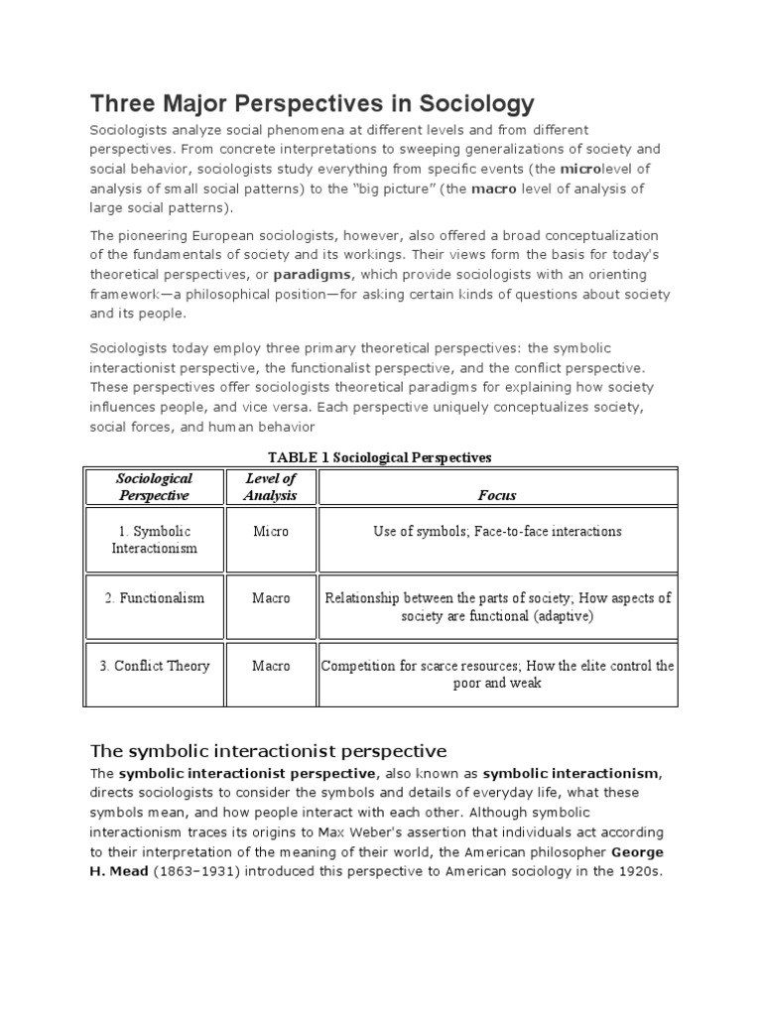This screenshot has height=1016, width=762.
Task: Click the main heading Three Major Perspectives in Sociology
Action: click(313, 103)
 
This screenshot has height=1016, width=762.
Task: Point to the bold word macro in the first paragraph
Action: click(493, 188)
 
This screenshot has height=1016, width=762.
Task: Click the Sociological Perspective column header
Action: click(154, 486)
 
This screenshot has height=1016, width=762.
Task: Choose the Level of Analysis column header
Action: click(271, 486)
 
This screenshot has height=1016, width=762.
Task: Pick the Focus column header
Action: click(497, 495)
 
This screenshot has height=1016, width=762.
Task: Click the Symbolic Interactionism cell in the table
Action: click(154, 540)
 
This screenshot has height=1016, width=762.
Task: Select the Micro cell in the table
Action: click(271, 532)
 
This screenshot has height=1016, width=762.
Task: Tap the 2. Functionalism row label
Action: click(154, 598)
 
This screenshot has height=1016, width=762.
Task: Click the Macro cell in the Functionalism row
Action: click(271, 598)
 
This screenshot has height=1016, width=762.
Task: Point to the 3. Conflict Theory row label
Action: click(154, 666)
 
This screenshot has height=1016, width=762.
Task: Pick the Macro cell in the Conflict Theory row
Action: click(271, 666)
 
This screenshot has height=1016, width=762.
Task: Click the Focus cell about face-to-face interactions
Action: click(497, 532)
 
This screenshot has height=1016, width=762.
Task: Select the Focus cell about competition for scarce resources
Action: click(497, 675)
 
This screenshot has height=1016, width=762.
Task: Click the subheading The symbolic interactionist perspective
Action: click(269, 750)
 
